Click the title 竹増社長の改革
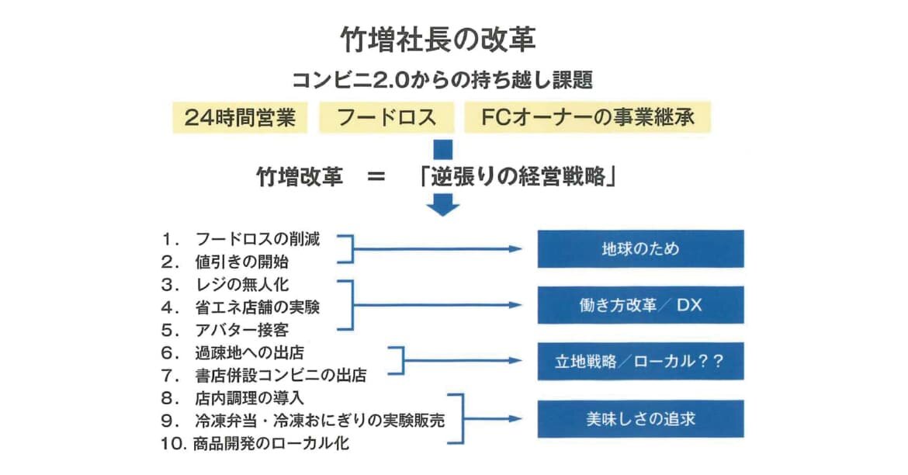439,40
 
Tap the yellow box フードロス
385,117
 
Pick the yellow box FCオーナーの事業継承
587,117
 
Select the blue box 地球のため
640,249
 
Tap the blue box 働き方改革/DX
640,305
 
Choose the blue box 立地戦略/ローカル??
640,361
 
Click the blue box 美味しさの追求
640,419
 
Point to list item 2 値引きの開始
241,262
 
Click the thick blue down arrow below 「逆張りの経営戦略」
443,205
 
